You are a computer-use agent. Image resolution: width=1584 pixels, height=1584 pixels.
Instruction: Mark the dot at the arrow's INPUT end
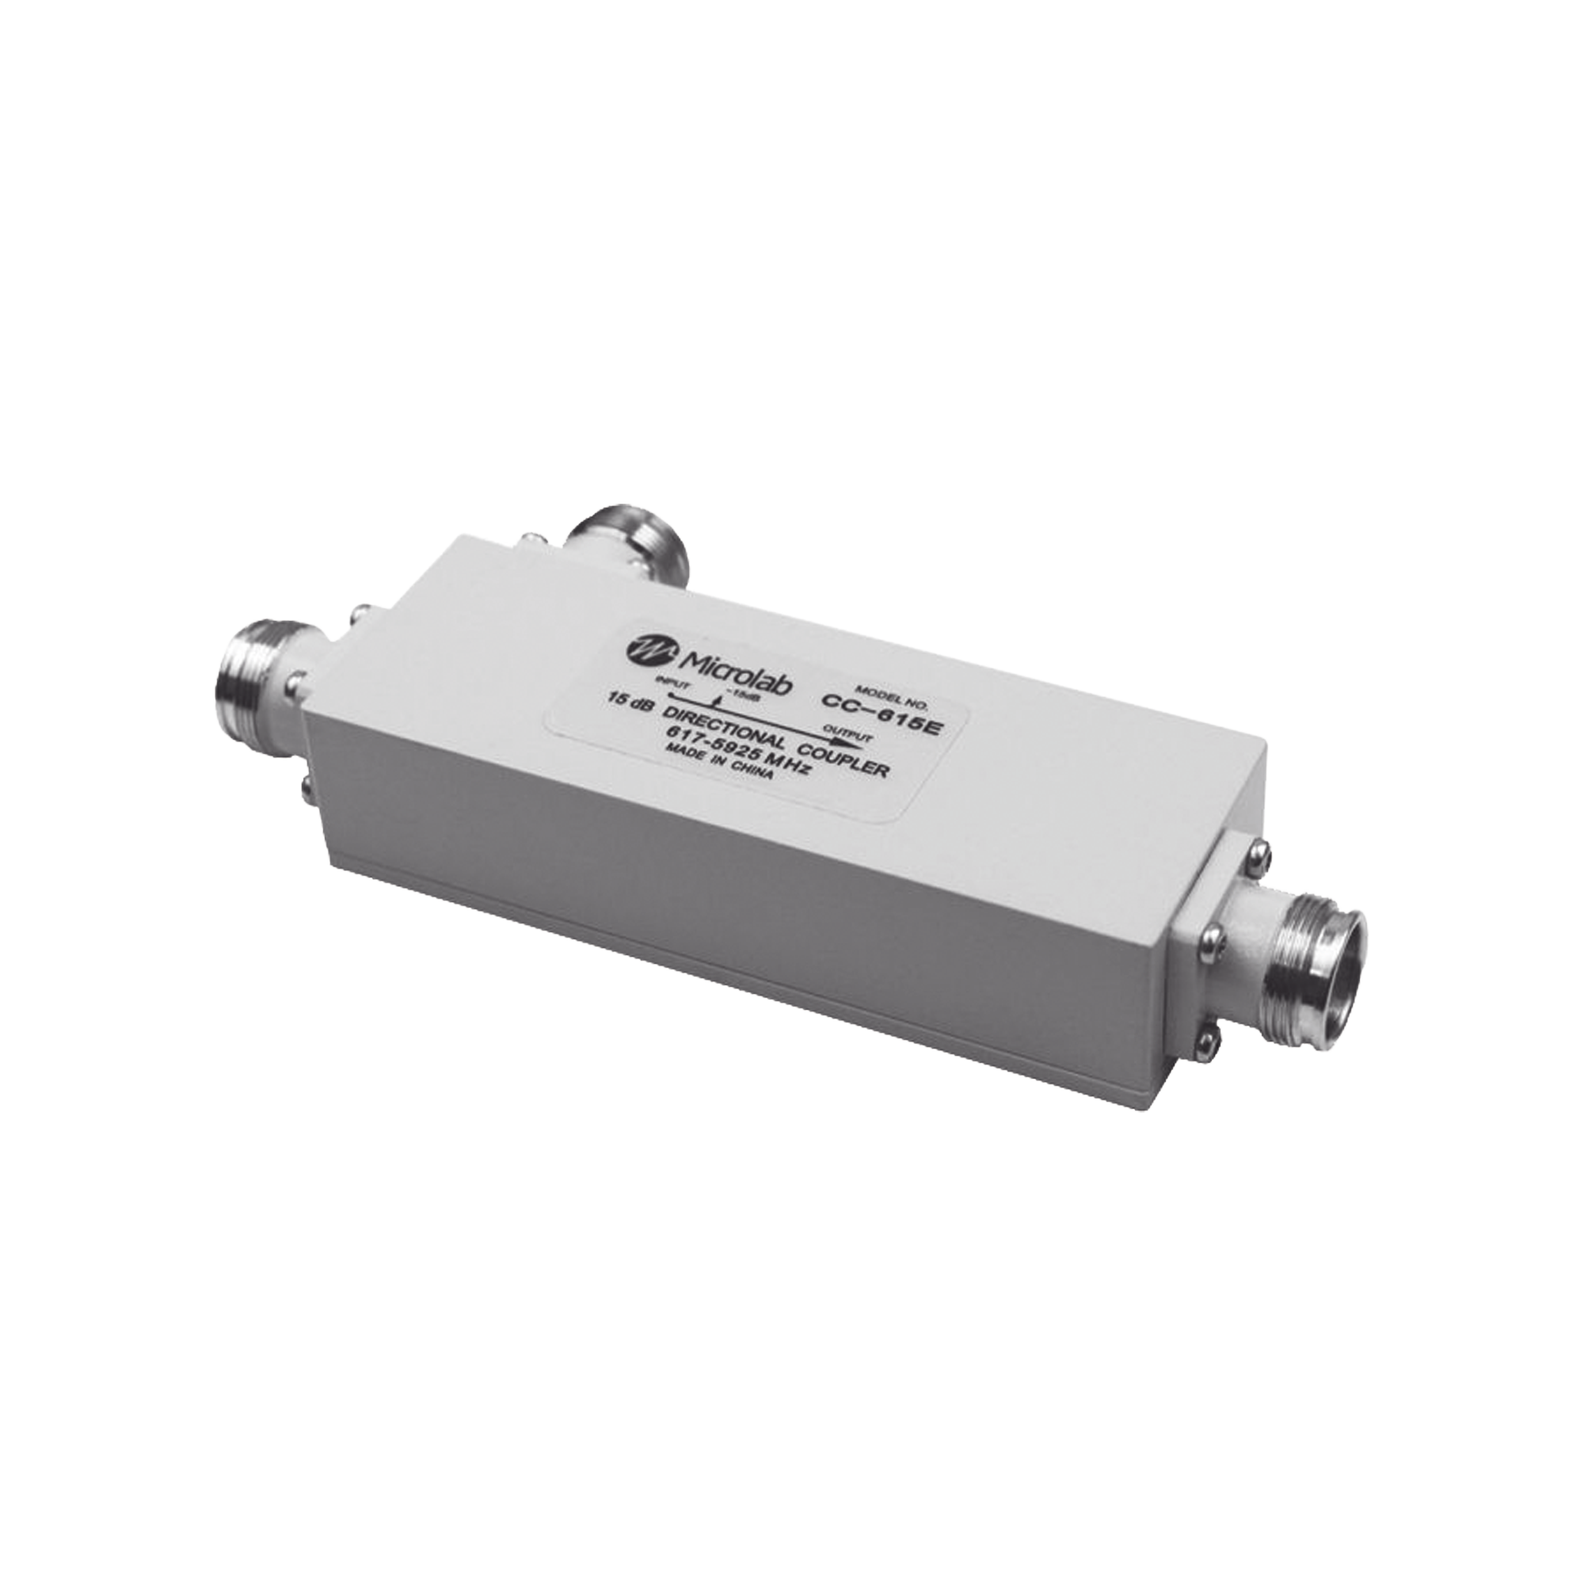click(671, 694)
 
